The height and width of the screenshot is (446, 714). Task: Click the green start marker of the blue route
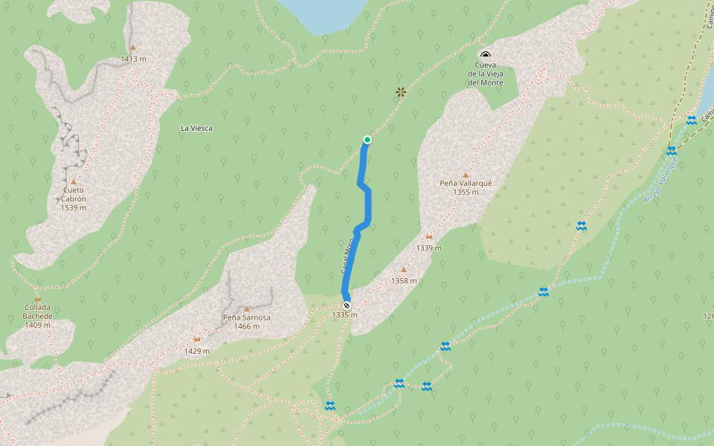click(367, 140)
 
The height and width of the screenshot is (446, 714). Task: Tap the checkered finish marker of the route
click(347, 306)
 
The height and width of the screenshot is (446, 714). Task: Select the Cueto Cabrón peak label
click(74, 194)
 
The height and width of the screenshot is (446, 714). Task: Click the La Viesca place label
click(196, 128)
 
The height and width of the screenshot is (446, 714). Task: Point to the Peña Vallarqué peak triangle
click(466, 175)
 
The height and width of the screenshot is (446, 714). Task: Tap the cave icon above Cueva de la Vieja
click(486, 54)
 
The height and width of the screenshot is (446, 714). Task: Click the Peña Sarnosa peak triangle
click(247, 309)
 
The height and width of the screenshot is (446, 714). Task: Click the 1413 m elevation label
click(132, 58)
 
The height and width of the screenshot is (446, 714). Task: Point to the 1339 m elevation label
click(429, 248)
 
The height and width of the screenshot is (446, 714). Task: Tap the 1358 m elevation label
click(404, 281)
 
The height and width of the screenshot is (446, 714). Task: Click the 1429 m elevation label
click(196, 351)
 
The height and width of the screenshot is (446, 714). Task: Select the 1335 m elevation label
click(344, 315)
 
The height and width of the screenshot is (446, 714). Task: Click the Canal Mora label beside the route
click(347, 256)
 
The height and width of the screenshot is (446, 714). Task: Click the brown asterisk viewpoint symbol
click(401, 92)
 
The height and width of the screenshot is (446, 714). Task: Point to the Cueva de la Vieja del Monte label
click(485, 74)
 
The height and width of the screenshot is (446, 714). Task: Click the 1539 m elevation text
click(74, 207)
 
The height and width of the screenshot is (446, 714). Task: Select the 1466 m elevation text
click(247, 326)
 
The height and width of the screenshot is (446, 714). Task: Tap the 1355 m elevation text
click(466, 192)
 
